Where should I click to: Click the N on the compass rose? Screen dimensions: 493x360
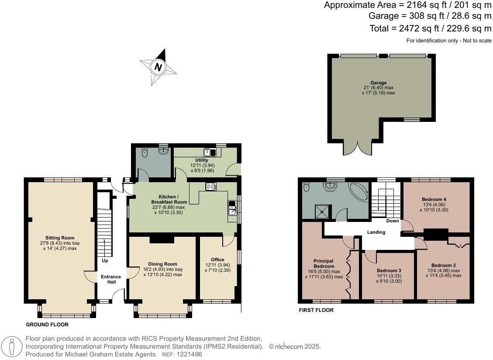(158, 67)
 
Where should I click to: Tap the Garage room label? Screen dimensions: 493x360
(378, 83)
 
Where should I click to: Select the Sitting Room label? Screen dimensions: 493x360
(60, 238)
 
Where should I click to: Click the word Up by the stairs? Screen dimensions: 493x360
(105, 260)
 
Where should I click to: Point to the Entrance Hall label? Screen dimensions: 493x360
(110, 280)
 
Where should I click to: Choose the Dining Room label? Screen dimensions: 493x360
(162, 264)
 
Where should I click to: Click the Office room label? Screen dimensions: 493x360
(217, 260)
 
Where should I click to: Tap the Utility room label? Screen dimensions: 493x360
(202, 160)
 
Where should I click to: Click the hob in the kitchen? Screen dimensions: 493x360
(210, 186)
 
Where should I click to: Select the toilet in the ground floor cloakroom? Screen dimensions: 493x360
(145, 152)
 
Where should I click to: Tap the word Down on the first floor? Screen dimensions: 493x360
(393, 221)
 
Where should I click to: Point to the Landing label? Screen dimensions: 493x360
(376, 232)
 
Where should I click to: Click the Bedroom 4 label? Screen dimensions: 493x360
(434, 199)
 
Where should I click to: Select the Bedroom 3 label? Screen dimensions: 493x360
(389, 270)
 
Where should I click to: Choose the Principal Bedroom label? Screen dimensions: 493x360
(324, 263)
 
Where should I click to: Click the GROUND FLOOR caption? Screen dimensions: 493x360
(47, 325)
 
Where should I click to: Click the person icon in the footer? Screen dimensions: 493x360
(12, 347)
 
